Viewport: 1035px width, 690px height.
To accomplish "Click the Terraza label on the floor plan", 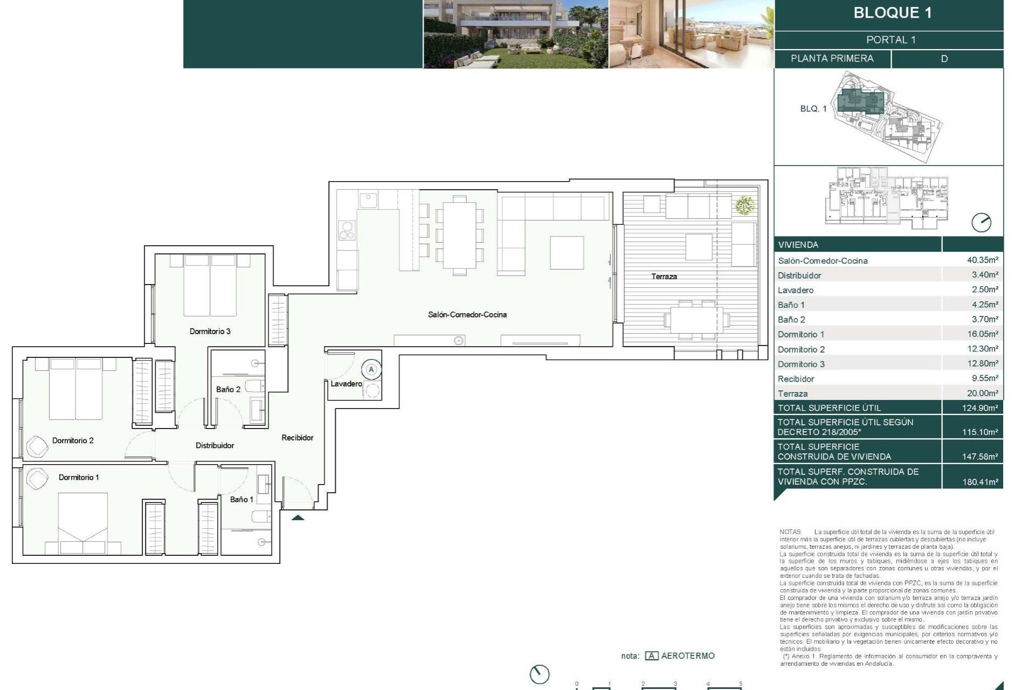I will [x=664, y=277].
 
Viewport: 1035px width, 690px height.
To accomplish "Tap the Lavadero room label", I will [x=346, y=384].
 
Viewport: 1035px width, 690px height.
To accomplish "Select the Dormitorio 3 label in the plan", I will [x=210, y=332].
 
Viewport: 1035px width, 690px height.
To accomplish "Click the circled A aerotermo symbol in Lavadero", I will [x=371, y=370].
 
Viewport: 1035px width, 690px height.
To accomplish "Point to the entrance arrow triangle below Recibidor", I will [x=298, y=517].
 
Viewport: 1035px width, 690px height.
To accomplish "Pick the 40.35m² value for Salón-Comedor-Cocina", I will [x=982, y=260].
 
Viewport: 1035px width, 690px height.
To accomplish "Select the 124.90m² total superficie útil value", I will [x=979, y=408].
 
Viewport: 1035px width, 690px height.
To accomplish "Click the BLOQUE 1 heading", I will [x=892, y=13].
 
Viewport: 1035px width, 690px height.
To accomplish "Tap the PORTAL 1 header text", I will [x=891, y=40].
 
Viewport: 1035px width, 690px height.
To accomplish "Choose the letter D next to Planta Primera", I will [x=944, y=59].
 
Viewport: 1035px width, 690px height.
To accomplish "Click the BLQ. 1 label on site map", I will [x=813, y=109].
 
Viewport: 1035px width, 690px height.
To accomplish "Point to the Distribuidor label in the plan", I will [x=215, y=445].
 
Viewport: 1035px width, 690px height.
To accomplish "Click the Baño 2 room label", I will [x=228, y=389].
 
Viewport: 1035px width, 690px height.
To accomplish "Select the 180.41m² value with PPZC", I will [x=979, y=482].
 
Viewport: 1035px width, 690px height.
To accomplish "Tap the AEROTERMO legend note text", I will [x=687, y=656].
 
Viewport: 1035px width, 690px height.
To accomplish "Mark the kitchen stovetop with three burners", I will [x=347, y=230].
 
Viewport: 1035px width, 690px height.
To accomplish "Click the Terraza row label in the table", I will [x=792, y=394].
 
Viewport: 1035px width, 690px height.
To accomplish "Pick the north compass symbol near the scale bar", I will [x=539, y=674].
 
